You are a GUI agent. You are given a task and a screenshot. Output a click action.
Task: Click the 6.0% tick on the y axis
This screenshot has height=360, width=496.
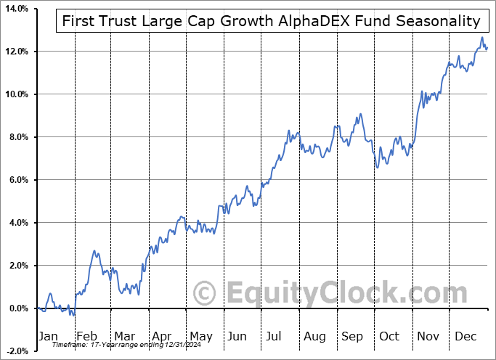(17, 180)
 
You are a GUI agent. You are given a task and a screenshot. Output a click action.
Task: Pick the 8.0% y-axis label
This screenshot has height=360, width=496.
(17, 137)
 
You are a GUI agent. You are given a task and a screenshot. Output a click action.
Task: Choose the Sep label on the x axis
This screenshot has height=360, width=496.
(353, 336)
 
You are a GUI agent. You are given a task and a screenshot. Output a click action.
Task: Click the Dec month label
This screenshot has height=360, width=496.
(466, 336)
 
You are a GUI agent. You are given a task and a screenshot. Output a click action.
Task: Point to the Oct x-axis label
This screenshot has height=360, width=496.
(390, 336)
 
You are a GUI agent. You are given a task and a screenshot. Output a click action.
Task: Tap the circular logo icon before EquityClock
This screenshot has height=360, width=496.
(206, 294)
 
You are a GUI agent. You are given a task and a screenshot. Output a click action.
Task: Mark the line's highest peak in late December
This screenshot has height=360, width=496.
(481, 38)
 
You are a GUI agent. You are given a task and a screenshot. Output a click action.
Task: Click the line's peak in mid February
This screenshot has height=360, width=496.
(94, 251)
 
